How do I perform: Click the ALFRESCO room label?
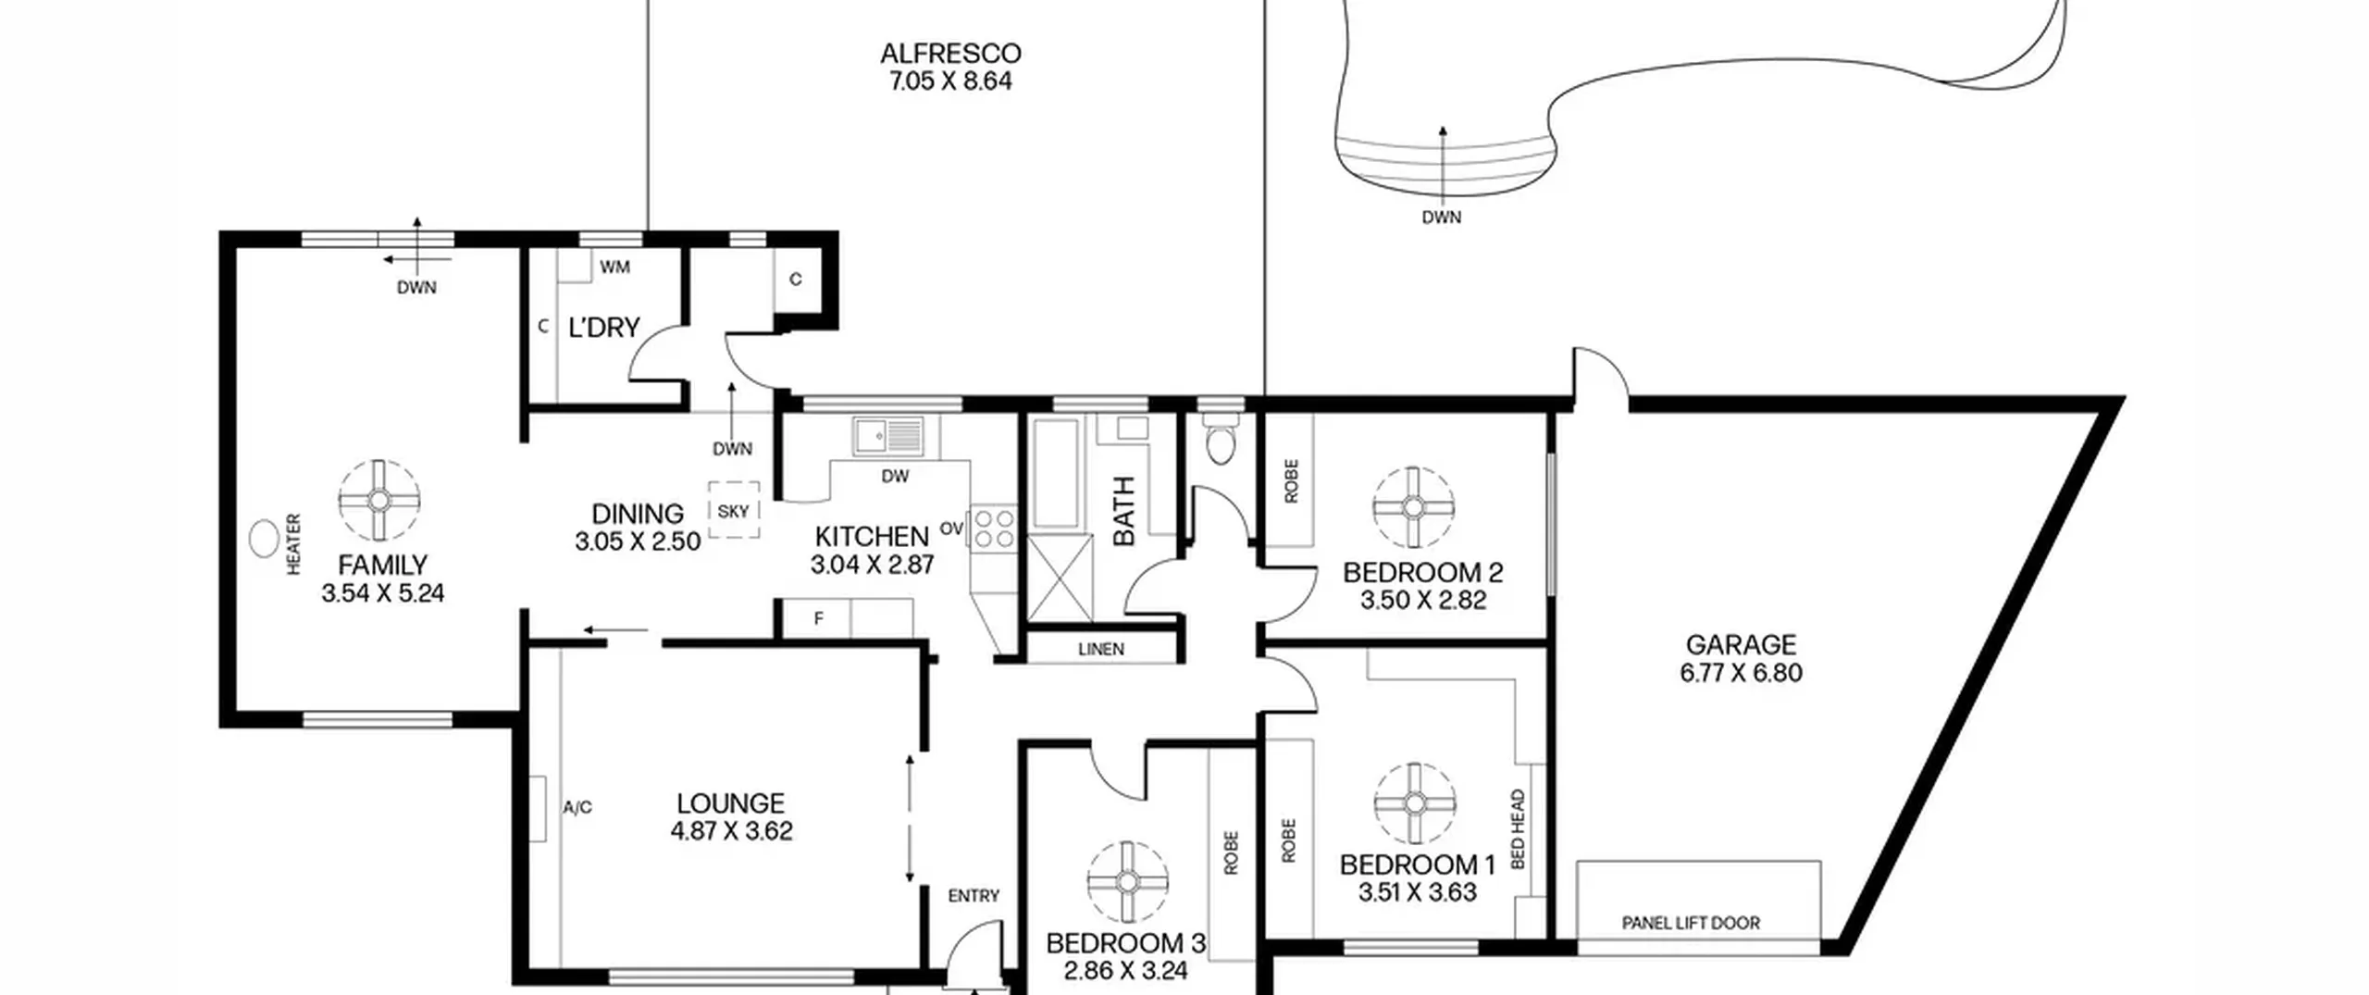(950, 54)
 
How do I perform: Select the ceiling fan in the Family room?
(378, 501)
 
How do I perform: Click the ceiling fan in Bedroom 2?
(1413, 507)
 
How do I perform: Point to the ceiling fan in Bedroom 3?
(1127, 883)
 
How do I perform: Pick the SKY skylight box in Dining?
(734, 510)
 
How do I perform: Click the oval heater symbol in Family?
(266, 538)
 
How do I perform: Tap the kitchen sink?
(888, 435)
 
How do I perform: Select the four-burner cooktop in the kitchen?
(993, 529)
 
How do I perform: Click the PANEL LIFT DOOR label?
(1691, 923)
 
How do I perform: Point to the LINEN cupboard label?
(1101, 650)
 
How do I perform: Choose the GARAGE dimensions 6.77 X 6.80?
(1742, 673)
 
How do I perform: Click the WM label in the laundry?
(614, 267)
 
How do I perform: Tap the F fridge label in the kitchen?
(819, 619)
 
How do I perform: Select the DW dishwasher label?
(895, 477)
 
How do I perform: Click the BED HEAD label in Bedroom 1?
(1518, 828)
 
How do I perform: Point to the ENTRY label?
(974, 896)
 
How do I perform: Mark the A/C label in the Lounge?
(577, 808)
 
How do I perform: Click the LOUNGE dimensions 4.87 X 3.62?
(732, 831)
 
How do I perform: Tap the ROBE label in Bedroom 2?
(1292, 481)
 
